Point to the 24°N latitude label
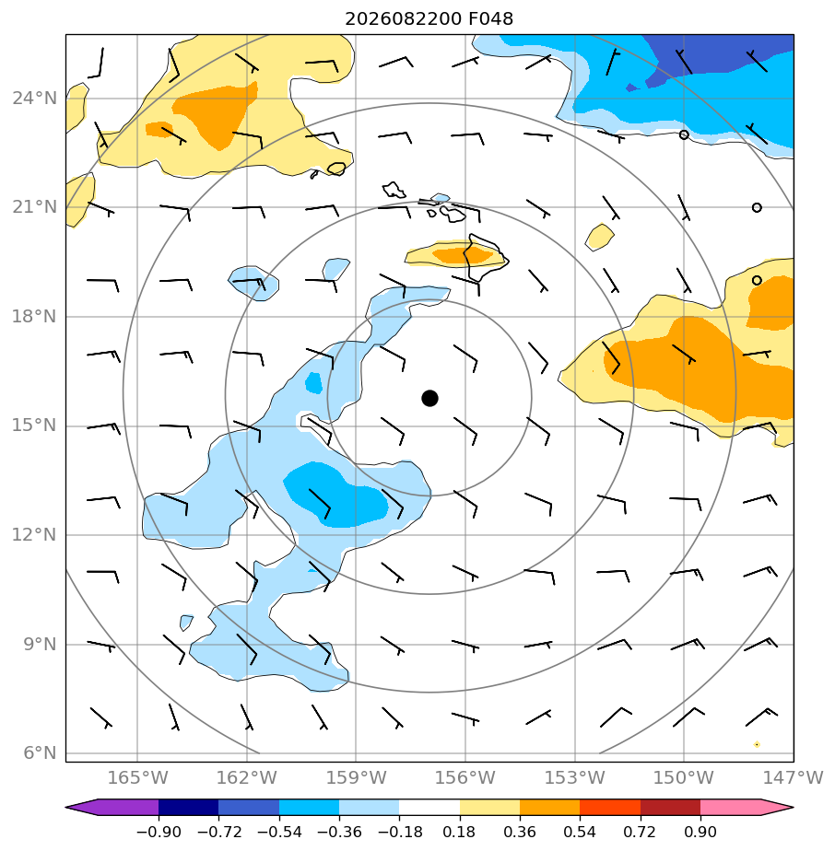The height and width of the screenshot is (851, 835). (34, 99)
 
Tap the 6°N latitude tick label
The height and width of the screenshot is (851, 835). (40, 752)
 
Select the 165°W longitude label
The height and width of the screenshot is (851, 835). (137, 777)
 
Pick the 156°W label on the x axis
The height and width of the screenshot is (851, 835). (465, 777)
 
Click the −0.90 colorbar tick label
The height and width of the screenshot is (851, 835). (159, 832)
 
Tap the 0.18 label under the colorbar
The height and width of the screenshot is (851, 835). (460, 832)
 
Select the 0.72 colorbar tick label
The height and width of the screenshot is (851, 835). (641, 832)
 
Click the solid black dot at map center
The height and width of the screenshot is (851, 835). (429, 398)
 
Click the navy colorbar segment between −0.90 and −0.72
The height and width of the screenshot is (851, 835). (189, 807)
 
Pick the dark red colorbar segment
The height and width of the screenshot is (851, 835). (670, 807)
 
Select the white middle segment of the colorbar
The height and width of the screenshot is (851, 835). (429, 807)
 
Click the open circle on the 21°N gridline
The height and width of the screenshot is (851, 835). (757, 207)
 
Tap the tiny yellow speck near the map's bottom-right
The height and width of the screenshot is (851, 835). (757, 744)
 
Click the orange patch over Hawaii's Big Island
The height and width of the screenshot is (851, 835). (462, 254)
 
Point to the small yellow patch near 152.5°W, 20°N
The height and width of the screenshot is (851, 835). (599, 238)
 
